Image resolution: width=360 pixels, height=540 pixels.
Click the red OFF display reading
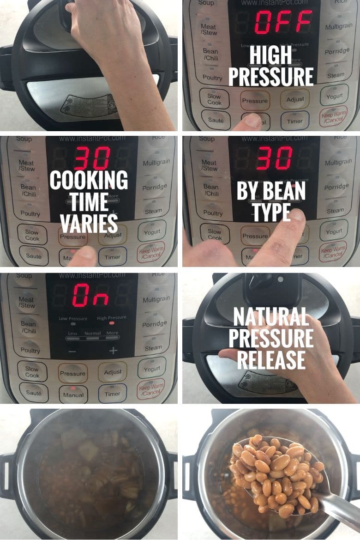[284, 22]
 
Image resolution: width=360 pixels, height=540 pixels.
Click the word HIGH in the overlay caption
[271, 56]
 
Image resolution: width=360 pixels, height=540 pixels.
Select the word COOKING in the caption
[89, 180]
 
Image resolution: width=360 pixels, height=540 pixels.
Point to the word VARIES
[89, 224]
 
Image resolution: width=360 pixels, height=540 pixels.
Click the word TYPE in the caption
[271, 212]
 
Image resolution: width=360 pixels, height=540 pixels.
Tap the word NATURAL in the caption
[271, 317]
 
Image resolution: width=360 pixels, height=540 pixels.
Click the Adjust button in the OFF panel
[295, 99]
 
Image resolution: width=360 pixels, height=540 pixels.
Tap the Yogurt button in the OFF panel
[335, 96]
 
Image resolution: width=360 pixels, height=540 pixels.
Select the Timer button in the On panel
[112, 394]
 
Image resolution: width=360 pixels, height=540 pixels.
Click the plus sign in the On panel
[113, 351]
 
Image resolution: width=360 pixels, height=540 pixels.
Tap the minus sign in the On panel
[73, 351]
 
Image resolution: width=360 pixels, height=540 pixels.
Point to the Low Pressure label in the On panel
[73, 319]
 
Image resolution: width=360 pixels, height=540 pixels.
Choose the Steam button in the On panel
[153, 347]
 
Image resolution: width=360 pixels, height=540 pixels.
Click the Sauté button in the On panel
[34, 393]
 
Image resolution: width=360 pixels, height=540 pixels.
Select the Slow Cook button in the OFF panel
[214, 99]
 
